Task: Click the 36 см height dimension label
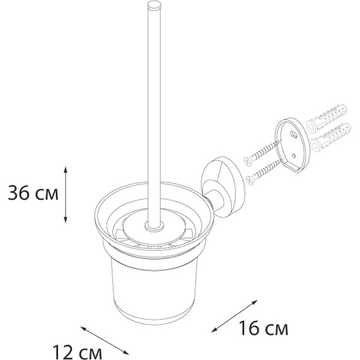[33, 193]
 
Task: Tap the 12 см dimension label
[78, 352]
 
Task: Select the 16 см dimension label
[263, 328]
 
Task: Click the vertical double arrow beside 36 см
[66, 195]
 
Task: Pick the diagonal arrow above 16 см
[234, 316]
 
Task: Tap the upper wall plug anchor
[327, 119]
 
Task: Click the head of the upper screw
[248, 160]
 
